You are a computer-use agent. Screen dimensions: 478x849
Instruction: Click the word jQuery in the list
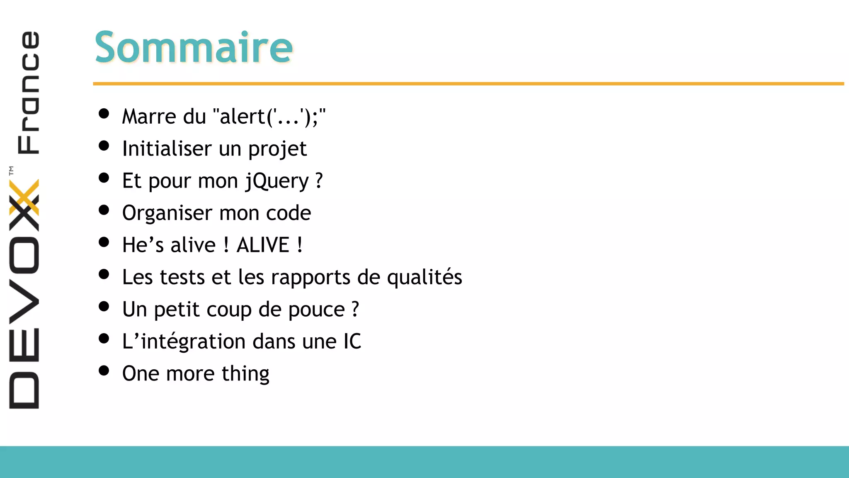(277, 181)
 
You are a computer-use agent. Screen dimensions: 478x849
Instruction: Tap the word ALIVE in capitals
(263, 245)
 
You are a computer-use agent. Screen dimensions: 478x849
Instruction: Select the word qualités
(424, 277)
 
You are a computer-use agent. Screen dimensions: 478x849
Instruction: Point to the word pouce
(316, 310)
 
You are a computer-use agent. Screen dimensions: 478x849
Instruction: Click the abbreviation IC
(352, 341)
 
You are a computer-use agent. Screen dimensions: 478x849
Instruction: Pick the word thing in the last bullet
(245, 374)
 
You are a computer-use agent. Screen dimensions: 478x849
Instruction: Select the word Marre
(149, 117)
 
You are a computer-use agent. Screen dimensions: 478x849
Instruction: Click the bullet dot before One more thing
(104, 371)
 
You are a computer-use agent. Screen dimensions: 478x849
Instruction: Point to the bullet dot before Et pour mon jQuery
(104, 178)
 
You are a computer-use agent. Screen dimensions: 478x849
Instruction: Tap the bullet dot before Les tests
(104, 274)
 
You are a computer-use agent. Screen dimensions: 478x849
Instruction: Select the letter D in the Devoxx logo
(24, 390)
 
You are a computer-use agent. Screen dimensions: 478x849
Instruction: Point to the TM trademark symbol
(11, 171)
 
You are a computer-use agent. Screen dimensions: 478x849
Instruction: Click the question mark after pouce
(355, 310)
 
